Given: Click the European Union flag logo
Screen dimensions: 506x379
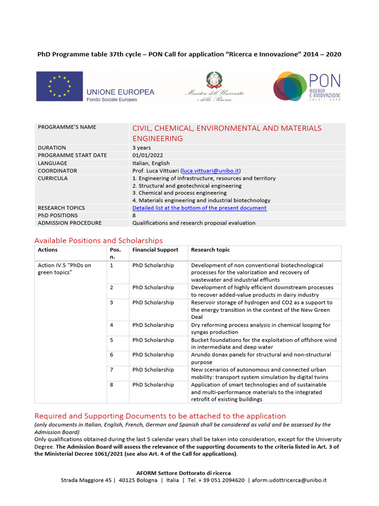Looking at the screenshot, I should coord(59,84).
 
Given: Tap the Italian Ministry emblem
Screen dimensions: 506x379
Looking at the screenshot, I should coord(214,80).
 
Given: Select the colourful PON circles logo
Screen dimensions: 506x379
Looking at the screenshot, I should coord(290,86).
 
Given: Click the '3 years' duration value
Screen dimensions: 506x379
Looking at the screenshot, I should coord(142,148).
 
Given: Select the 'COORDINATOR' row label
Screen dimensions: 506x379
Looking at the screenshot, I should coord(57,170).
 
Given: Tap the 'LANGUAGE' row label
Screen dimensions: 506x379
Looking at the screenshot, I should coord(52,163).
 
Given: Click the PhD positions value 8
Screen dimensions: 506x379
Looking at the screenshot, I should coord(134,215).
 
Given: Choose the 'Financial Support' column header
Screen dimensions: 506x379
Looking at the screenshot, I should coord(155,250).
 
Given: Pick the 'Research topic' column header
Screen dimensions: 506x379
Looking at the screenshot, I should coord(210,250).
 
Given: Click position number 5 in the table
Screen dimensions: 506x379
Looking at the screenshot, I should coord(112,340).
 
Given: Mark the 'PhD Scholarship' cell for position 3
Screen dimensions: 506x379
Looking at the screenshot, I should coord(153,302).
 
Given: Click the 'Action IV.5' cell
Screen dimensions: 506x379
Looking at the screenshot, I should coord(65,269).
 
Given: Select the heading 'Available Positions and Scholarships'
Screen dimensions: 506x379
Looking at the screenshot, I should coord(98,241).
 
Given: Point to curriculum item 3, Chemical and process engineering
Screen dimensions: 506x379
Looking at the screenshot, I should coord(180,193).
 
